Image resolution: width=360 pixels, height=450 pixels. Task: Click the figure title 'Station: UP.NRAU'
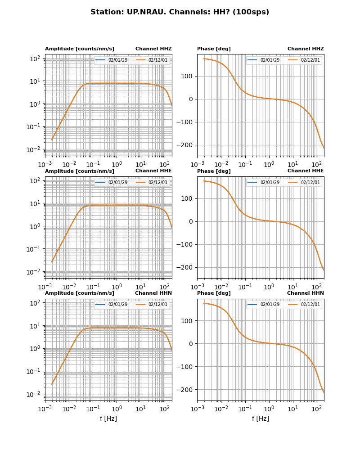coord(180,12)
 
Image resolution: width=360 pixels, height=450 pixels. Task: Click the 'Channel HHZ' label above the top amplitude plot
coord(153,49)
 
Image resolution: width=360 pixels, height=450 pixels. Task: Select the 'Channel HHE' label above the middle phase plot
coord(306,171)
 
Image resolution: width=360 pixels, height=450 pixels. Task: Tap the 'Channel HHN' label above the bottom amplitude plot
coord(153,293)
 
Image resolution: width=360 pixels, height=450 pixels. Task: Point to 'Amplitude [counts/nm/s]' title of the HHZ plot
coord(80,49)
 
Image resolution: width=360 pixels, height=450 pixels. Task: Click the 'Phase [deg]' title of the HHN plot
coord(214,293)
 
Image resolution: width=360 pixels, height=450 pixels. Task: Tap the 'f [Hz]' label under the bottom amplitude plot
coord(108,419)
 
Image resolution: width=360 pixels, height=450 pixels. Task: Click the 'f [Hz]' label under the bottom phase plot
coord(261,419)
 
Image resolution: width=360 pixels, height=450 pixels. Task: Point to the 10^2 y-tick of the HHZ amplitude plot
coord(35,58)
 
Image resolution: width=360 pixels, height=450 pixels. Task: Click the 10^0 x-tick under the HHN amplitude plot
coord(117,409)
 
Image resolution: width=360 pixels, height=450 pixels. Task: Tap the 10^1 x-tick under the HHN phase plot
coord(293,409)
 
